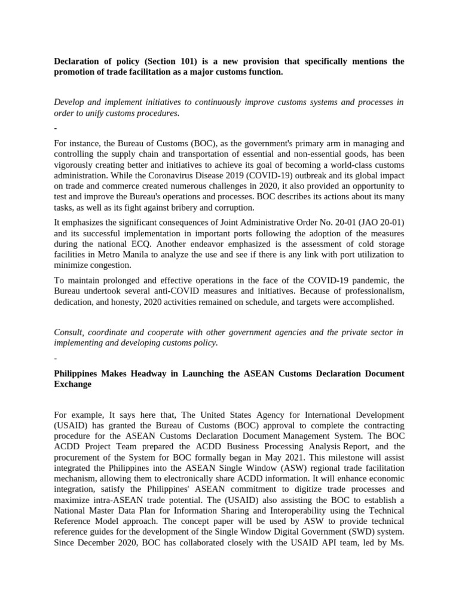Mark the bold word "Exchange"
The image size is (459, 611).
73,384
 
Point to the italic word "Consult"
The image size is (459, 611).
70,332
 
